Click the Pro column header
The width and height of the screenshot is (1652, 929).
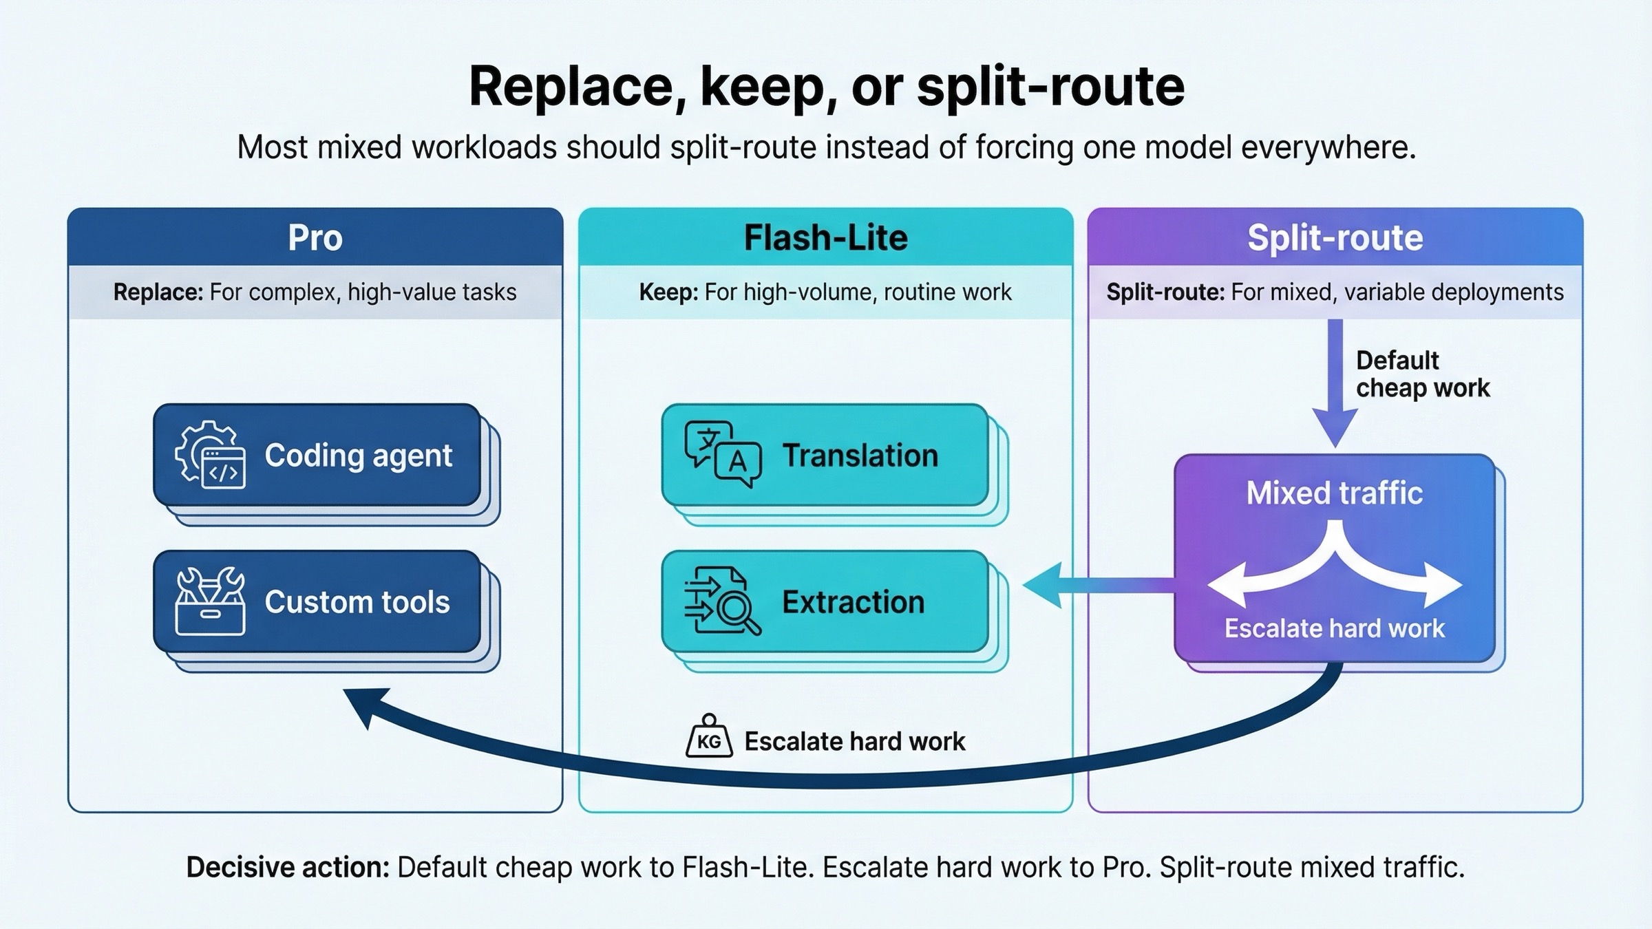[315, 238]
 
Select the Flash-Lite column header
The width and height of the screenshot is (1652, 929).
[825, 238]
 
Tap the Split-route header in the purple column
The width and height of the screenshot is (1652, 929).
[1335, 238]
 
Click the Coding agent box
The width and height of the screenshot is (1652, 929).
[317, 456]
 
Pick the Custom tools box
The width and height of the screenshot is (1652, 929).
[317, 601]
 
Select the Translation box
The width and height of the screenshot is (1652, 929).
[825, 456]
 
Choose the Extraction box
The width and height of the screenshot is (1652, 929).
[825, 601]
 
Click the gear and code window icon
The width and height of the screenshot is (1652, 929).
[210, 455]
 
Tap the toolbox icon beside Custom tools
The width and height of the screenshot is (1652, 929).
[210, 601]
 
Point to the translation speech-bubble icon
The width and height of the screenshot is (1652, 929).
[722, 454]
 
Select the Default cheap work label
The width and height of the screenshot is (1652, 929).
[1421, 374]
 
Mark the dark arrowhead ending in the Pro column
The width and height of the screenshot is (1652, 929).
[365, 706]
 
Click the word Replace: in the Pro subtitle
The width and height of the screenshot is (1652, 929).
[158, 292]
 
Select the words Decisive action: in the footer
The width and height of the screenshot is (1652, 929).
[288, 868]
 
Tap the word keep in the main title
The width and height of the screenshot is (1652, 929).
[768, 87]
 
